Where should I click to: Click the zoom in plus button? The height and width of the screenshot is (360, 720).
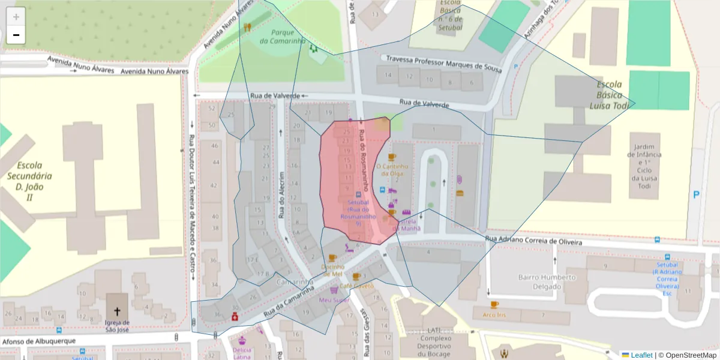point(16,16)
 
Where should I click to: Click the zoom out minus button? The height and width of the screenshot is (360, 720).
point(16,35)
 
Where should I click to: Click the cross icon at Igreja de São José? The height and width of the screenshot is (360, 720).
point(117,311)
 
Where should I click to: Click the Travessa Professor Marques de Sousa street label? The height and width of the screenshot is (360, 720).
point(443,63)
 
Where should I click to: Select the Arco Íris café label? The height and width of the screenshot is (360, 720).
point(494,314)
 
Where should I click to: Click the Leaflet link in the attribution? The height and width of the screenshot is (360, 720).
point(641,355)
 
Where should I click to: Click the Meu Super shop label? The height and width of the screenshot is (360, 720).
point(334,299)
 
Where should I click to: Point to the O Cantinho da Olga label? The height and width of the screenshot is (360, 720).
point(392,170)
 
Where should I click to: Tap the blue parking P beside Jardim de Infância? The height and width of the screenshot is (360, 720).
point(696,194)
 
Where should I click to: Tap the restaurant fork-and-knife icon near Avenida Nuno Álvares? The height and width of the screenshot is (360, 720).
point(247,27)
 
